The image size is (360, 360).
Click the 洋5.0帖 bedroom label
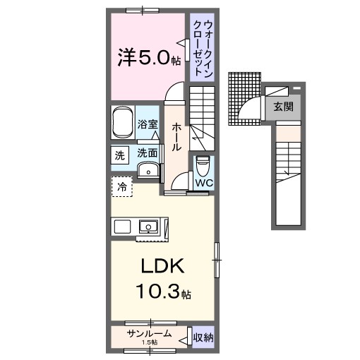[149, 57]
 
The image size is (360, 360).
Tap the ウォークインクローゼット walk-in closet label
[203, 48]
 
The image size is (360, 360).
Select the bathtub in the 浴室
[121, 123]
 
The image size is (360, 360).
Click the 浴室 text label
[148, 124]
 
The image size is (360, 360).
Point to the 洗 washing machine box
[120, 155]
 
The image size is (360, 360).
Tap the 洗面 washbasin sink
[148, 169]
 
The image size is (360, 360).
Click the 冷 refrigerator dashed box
[121, 186]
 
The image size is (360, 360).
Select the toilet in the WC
[203, 166]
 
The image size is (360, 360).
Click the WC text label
[204, 183]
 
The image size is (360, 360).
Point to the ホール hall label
[176, 137]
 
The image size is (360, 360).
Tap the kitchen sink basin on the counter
[148, 227]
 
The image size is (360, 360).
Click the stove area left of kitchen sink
[122, 227]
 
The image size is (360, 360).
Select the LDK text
[162, 266]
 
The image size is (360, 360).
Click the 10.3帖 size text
[163, 291]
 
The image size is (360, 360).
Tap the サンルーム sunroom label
[149, 333]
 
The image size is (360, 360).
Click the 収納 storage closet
[203, 337]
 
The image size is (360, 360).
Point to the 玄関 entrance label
[283, 107]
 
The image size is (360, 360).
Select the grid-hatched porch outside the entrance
[244, 99]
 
